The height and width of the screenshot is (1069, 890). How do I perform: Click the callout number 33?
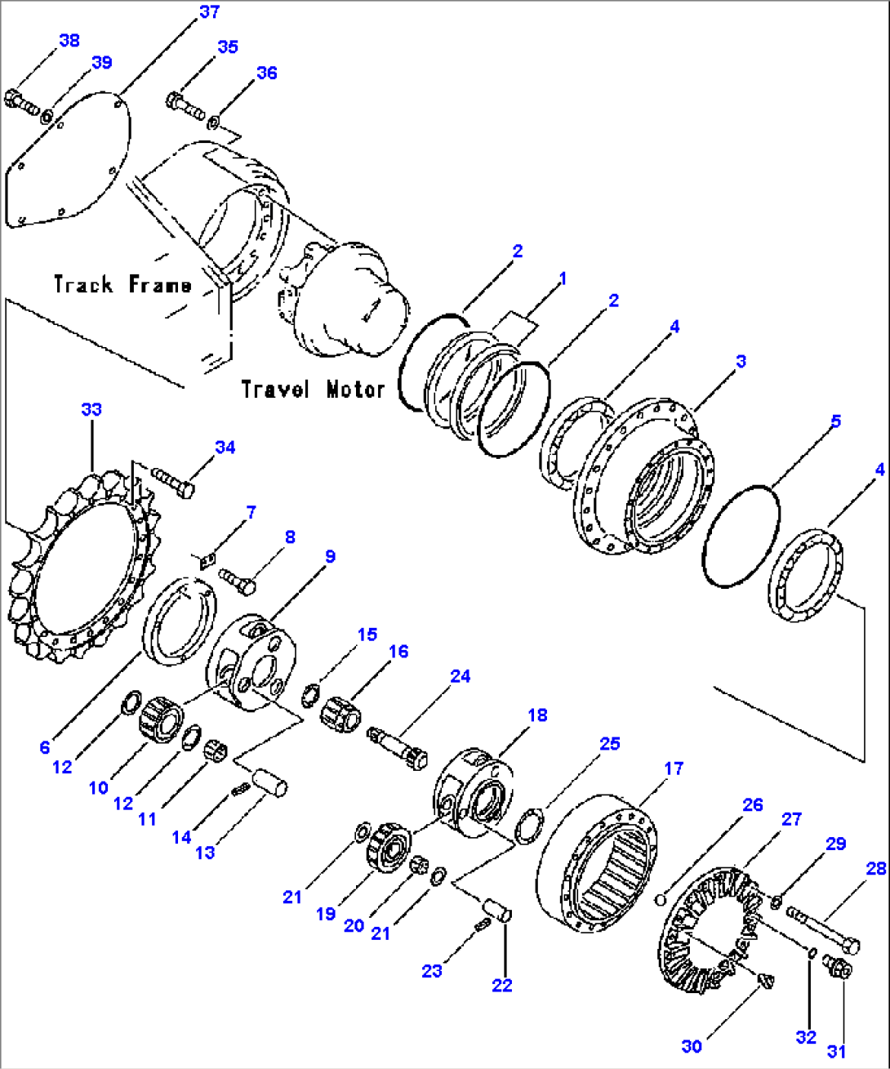point(91,409)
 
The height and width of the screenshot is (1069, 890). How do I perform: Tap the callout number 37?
point(209,11)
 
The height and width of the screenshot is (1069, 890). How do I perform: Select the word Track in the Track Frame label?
point(83,284)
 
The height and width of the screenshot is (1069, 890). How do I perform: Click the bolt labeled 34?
point(173,480)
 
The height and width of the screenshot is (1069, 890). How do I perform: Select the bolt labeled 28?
point(822,932)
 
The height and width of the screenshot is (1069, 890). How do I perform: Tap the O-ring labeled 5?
point(741,536)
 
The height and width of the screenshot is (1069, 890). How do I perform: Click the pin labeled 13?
point(269,782)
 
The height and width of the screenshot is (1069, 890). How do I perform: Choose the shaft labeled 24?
point(398,745)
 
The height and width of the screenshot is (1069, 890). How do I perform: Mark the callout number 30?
point(692,1047)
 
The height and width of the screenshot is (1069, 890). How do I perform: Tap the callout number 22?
point(502,986)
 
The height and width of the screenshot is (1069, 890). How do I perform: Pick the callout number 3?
point(740,361)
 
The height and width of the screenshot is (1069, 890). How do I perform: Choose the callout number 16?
point(398,652)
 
